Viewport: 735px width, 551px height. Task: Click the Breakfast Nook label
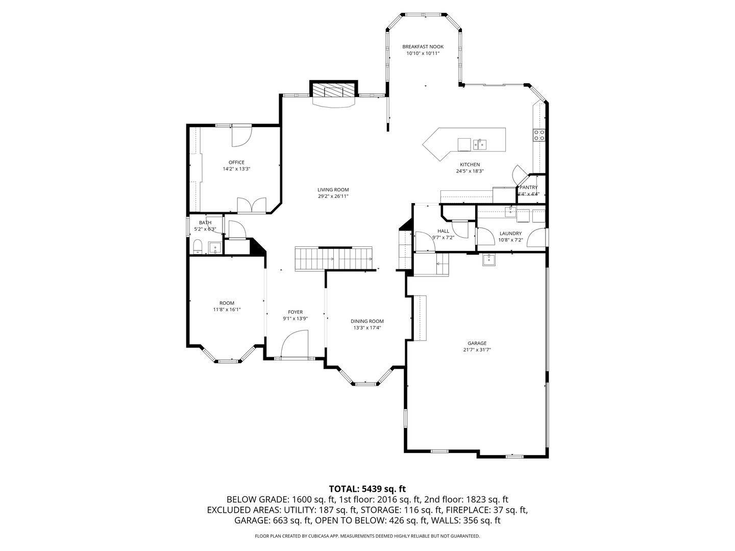click(423, 46)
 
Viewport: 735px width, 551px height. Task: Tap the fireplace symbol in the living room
click(333, 91)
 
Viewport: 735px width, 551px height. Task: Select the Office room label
click(236, 162)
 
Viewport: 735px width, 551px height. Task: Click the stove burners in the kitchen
click(539, 135)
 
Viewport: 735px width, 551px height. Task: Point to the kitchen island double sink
click(480, 144)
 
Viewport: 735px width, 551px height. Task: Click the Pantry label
click(528, 187)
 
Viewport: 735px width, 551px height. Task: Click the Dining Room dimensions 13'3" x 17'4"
click(367, 328)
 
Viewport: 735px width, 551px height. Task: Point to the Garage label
click(477, 343)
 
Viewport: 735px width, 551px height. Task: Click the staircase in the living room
click(334, 258)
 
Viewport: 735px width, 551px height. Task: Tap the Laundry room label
click(510, 233)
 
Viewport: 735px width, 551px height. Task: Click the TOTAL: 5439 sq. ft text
click(367, 489)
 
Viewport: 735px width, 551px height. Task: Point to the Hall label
click(443, 231)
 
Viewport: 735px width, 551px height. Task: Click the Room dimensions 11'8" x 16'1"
click(227, 309)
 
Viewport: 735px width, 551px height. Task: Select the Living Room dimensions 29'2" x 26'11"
click(333, 196)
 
